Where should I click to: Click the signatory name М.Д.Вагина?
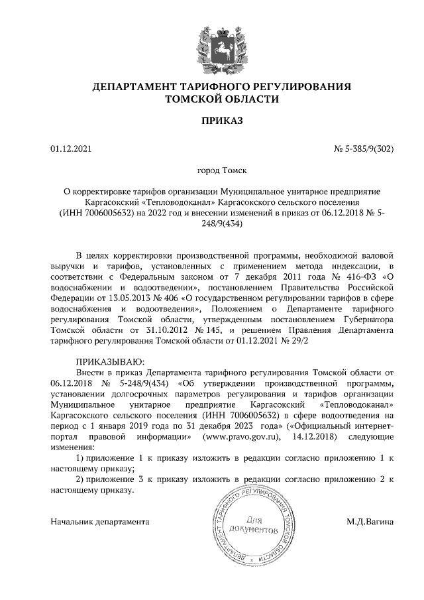[370, 522]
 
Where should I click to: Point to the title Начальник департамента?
[99, 522]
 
